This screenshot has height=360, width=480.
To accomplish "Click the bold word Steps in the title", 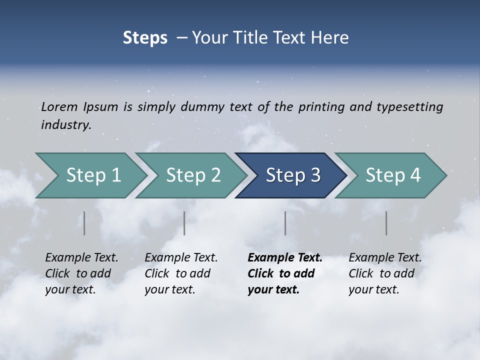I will coord(145,37).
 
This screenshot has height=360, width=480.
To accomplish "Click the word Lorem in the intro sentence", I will coord(58,106).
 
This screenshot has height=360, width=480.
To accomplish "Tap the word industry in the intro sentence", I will coord(66,124).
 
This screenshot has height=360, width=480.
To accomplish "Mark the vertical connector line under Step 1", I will coord(84,223).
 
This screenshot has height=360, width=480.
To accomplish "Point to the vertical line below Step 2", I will coord(184,223).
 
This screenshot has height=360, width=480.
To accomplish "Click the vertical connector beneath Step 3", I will coord(285,223).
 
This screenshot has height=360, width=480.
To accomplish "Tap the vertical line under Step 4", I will coord(386,223).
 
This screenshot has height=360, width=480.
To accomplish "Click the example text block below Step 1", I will coord(81,273).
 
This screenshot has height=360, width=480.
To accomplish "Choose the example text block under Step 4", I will coord(385,273).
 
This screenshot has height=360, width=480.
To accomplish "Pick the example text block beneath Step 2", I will coord(181,273).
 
